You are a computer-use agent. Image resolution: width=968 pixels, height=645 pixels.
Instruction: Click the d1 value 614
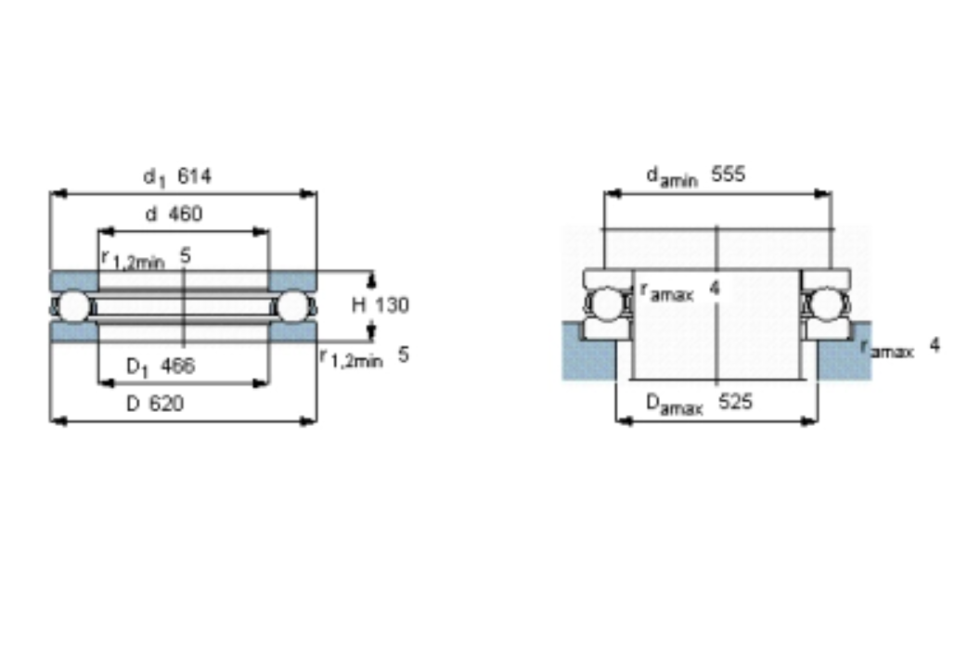click(x=195, y=176)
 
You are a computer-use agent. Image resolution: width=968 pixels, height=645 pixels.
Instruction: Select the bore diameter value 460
click(x=186, y=213)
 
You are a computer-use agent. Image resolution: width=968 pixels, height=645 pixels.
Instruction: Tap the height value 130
click(x=392, y=305)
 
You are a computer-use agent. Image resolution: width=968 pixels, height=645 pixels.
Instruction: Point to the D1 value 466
click(x=178, y=366)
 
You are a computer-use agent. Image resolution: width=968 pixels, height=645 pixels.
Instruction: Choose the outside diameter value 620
click(x=167, y=404)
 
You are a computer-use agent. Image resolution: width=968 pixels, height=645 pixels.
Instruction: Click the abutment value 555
click(x=729, y=174)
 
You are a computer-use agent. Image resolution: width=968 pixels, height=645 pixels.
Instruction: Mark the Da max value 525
click(x=735, y=402)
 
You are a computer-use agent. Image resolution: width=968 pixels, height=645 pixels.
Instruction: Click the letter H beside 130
click(x=359, y=305)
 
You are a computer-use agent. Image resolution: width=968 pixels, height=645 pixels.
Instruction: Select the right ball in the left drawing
click(x=293, y=306)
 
